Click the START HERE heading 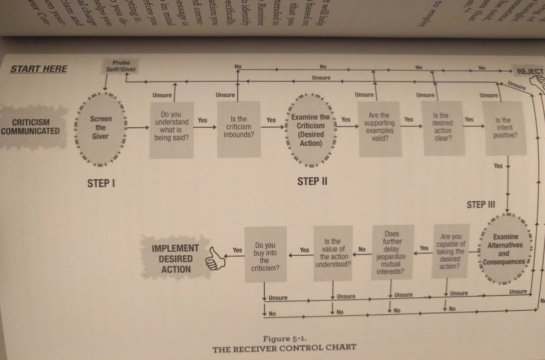point(39,69)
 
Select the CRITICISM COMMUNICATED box point(31,126)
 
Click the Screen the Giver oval point(101,127)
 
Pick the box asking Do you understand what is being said point(171,130)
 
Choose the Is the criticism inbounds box point(239,129)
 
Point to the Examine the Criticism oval point(310,130)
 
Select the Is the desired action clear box point(443,128)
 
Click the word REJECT point(530,72)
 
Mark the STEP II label point(312,181)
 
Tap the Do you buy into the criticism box point(265,254)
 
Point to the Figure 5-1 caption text point(284,343)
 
